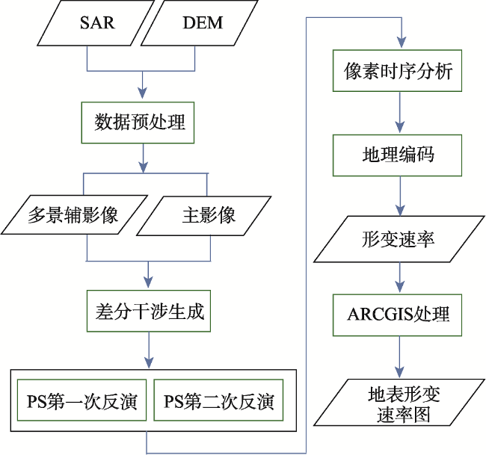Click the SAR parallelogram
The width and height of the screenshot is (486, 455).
coord(96,22)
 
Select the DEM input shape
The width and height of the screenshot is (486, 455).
coord(200,22)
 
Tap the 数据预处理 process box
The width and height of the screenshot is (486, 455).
coord(138,123)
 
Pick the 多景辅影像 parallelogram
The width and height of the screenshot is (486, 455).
coord(74,214)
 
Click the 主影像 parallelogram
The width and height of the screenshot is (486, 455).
coord(204,216)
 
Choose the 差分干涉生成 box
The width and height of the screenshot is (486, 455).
coord(149,311)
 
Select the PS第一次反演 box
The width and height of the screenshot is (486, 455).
coord(81,400)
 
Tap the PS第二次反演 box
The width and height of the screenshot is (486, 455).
coord(218,400)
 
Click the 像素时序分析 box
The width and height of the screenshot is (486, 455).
coord(397,71)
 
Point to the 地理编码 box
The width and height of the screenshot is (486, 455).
coord(397,155)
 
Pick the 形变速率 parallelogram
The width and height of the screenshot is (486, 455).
coord(399,239)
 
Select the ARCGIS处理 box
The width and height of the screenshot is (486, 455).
coord(397,315)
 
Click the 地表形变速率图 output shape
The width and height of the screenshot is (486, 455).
coord(399,402)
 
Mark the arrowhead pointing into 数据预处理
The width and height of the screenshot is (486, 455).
coord(142,93)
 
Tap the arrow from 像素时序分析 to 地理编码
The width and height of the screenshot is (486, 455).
coord(400,113)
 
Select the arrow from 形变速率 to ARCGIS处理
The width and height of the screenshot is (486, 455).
coord(400,277)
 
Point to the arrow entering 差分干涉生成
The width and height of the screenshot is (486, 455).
coord(149,275)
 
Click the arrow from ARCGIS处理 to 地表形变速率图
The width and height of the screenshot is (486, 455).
coord(400,357)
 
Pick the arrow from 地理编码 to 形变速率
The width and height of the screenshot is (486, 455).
coord(400,196)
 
